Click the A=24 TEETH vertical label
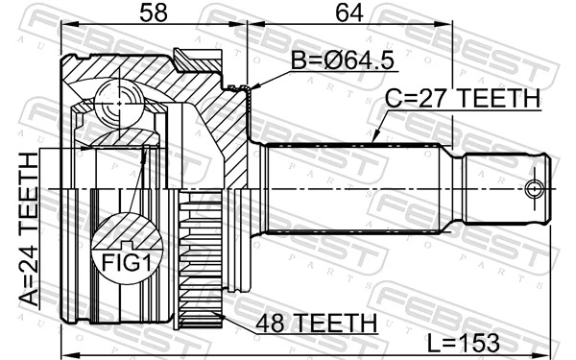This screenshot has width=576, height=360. coord(28,229)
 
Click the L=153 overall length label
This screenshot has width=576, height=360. coord(469,343)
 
